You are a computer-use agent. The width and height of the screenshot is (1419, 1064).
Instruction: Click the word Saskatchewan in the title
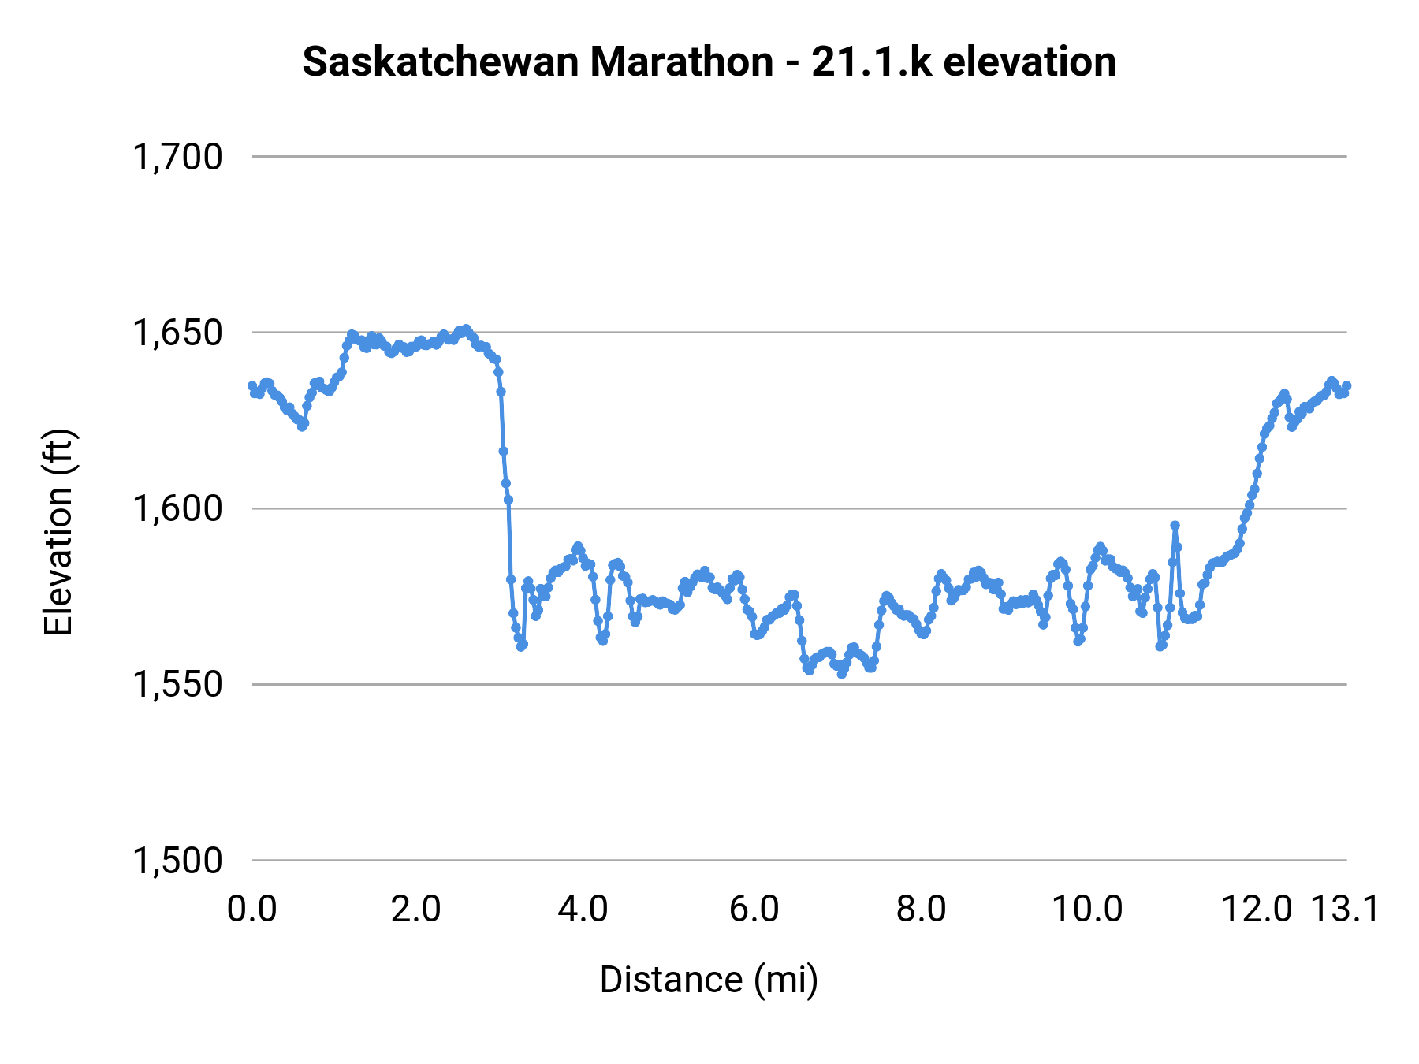439,61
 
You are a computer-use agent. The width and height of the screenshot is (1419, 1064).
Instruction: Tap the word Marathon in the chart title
681,61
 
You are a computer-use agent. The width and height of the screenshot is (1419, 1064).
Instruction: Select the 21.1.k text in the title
871,61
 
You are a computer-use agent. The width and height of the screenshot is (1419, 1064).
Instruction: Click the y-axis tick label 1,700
177,157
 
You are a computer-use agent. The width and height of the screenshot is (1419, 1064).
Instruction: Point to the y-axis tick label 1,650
177,333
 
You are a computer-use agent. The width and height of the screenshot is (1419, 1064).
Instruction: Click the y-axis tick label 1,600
177,508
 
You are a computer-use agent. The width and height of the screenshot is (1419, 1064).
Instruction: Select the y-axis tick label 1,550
177,684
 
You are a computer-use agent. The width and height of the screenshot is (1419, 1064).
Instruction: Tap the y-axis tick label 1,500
177,860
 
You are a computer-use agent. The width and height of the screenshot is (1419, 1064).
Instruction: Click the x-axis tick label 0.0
251,910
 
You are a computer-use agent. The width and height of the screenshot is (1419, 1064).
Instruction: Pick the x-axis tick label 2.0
415,910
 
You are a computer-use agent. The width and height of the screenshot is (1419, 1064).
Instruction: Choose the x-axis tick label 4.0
583,910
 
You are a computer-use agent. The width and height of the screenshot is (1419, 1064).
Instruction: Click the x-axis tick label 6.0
754,910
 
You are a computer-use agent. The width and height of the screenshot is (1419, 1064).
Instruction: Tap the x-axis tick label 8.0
921,910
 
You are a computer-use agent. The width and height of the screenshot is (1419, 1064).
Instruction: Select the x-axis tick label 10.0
1088,910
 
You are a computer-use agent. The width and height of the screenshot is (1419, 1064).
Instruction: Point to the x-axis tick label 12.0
1257,910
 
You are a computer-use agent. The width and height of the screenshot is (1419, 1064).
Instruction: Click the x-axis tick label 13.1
1345,910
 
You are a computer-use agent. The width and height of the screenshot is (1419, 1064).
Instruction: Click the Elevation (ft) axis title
58,532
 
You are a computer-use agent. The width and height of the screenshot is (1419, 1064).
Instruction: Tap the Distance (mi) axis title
709,980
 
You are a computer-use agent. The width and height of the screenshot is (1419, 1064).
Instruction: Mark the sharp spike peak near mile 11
1175,525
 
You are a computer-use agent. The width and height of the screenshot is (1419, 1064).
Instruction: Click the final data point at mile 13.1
1346,385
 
